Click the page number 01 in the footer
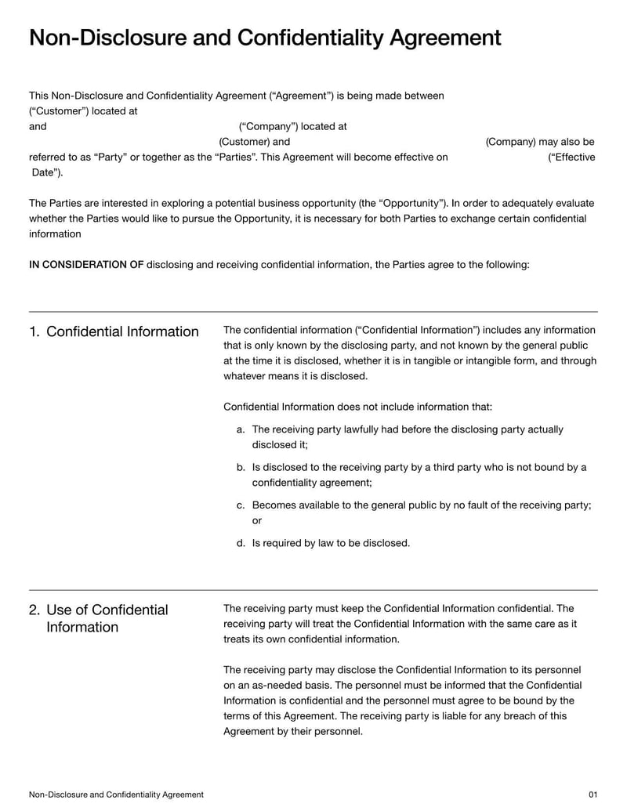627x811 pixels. pos(593,794)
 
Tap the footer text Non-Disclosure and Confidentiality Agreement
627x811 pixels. pos(116,794)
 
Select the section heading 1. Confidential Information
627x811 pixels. pos(114,331)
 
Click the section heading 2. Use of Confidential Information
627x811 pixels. pos(99,618)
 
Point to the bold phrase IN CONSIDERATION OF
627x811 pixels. pos(86,265)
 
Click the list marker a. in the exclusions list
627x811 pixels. pos(241,429)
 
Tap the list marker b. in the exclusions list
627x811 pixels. pos(241,467)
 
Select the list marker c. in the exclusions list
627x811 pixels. pos(241,505)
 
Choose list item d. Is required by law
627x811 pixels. pos(330,542)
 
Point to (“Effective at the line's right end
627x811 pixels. pos(571,157)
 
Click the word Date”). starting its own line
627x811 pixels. pos(48,172)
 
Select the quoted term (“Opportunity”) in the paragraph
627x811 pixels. pos(419,203)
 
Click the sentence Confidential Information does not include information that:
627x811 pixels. pos(357,407)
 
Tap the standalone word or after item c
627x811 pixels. pos(257,520)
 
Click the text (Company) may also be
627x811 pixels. pos(540,142)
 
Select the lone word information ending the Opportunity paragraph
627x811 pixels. pos(55,234)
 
